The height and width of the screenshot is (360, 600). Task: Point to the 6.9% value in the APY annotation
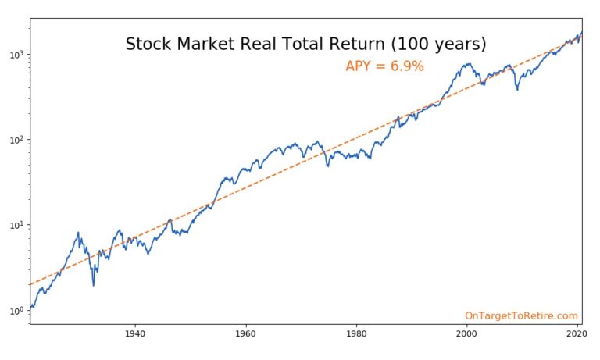point(406,67)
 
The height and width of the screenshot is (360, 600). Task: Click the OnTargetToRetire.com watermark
point(521,315)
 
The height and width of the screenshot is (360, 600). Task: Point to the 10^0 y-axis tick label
point(16,311)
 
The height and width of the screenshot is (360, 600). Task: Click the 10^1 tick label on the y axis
point(16,226)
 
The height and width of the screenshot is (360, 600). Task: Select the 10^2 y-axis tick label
point(16,141)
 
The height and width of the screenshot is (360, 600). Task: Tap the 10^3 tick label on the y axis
point(16,55)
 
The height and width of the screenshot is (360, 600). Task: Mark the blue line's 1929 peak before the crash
point(78,232)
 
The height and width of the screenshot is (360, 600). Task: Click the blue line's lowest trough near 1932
point(94,285)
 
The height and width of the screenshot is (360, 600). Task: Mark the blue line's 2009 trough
point(517,90)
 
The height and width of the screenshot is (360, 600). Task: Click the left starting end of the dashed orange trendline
point(30,284)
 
